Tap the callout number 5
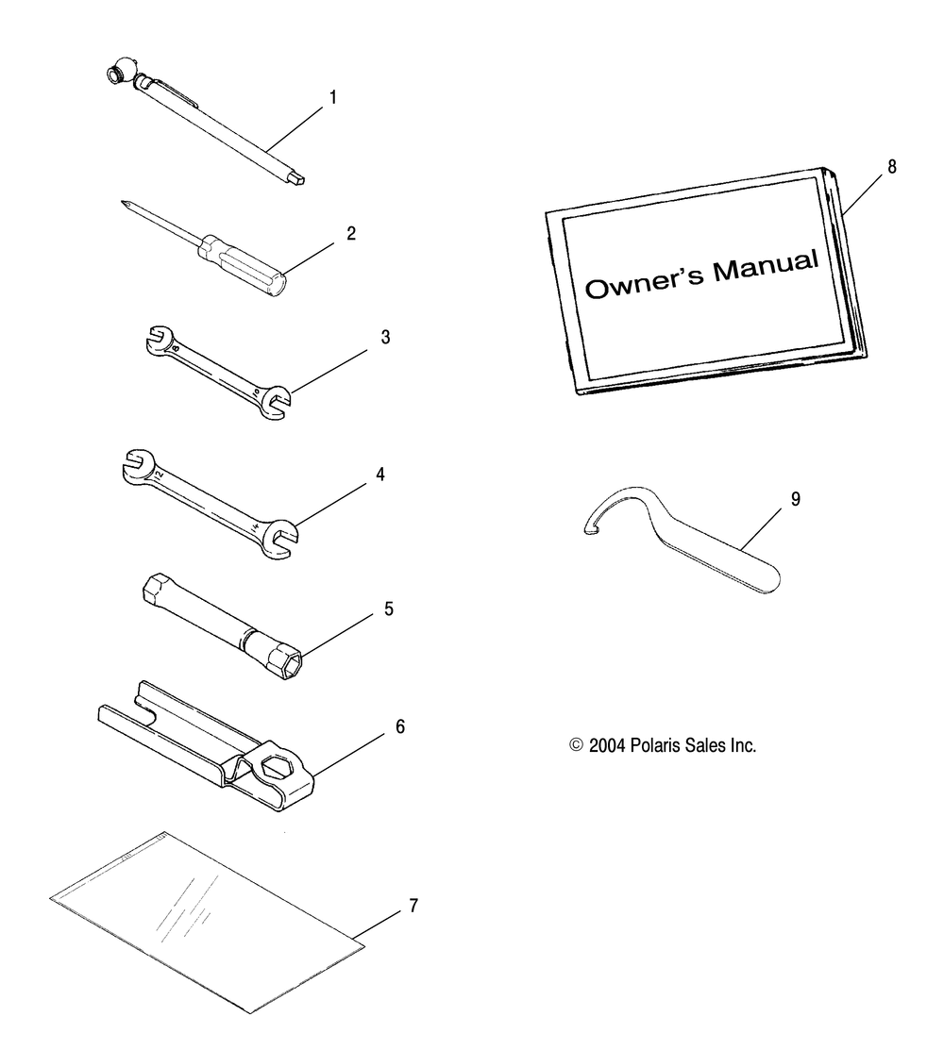point(389,608)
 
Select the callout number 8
point(892,167)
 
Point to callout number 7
point(413,906)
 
